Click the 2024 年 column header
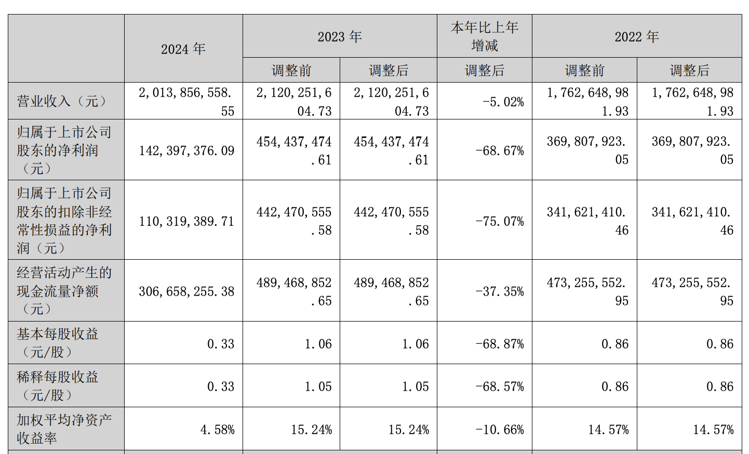[183, 49]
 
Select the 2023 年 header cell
[340, 36]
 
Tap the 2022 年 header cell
[637, 36]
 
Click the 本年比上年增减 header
[485, 36]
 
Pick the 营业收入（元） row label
[62, 101]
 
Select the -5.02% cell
[503, 102]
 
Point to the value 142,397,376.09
[186, 151]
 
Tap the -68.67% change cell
[500, 151]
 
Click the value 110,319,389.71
[186, 221]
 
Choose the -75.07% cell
[500, 221]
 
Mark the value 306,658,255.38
[186, 291]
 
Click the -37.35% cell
[500, 291]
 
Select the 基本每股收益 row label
[58, 343]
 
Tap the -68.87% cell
[500, 344]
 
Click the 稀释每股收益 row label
[58, 386]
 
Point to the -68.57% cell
[500, 386]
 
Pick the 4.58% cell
[217, 429]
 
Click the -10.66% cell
[500, 429]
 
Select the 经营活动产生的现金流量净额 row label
[64, 291]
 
